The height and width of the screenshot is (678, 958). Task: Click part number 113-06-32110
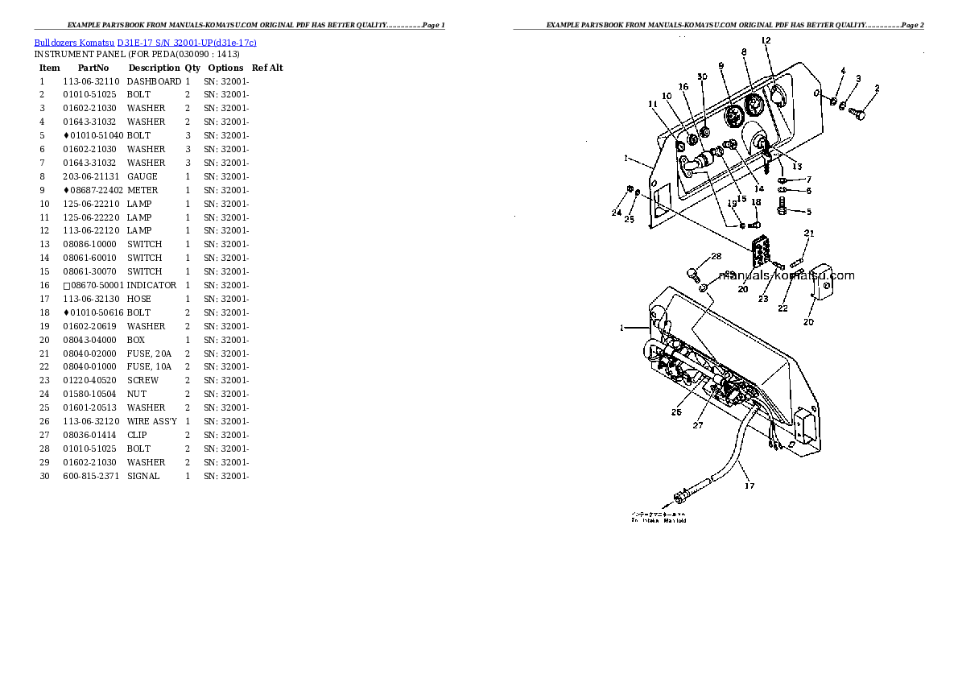pyautogui.click(x=91, y=81)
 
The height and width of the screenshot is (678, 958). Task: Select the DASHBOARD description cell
pyautogui.click(x=154, y=81)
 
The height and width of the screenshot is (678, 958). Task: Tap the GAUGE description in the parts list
pyautogui.click(x=142, y=176)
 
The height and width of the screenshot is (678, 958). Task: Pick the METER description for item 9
pyautogui.click(x=142, y=190)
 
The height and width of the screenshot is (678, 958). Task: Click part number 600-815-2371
pyautogui.click(x=91, y=476)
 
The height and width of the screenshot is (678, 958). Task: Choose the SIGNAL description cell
pyautogui.click(x=143, y=476)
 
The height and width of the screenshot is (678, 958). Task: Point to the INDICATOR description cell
pyautogui.click(x=151, y=285)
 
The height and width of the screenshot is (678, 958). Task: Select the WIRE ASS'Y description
pyautogui.click(x=153, y=421)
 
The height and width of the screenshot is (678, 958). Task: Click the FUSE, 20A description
pyautogui.click(x=149, y=353)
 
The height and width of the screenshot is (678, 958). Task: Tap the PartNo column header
pyautogui.click(x=93, y=68)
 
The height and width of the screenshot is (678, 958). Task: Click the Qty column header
pyautogui.click(x=192, y=68)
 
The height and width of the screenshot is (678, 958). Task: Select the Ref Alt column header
pyautogui.click(x=267, y=68)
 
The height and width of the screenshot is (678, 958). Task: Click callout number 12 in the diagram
pyautogui.click(x=766, y=40)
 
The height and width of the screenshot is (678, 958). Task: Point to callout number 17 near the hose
pyautogui.click(x=749, y=486)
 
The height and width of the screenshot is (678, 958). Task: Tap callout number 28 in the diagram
pyautogui.click(x=716, y=257)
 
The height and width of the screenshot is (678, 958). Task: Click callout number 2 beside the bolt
pyautogui.click(x=876, y=89)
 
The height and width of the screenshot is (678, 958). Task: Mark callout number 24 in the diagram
pyautogui.click(x=616, y=213)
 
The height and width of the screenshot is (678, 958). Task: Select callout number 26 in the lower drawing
pyautogui.click(x=676, y=412)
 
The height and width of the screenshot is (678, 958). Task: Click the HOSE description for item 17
pyautogui.click(x=138, y=299)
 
